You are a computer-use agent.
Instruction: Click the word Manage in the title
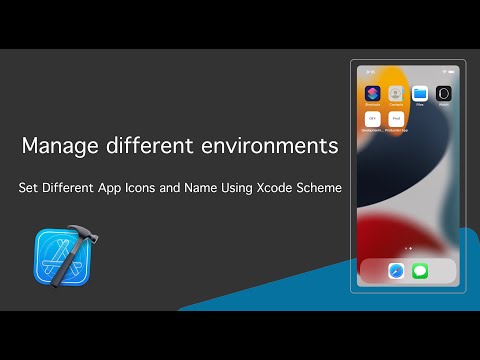coord(56,147)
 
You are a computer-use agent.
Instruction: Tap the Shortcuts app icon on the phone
coord(372,93)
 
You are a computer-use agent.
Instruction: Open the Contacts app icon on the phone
coord(396,93)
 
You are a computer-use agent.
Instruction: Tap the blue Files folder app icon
coord(420,93)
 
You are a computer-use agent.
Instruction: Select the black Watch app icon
coord(444,93)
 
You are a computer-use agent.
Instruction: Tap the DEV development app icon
coord(372,119)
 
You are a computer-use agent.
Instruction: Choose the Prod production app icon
coord(396,119)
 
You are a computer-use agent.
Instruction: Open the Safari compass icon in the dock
coord(396,270)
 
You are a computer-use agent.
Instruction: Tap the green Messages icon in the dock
coord(420,270)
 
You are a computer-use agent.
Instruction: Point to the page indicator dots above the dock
coord(408,247)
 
